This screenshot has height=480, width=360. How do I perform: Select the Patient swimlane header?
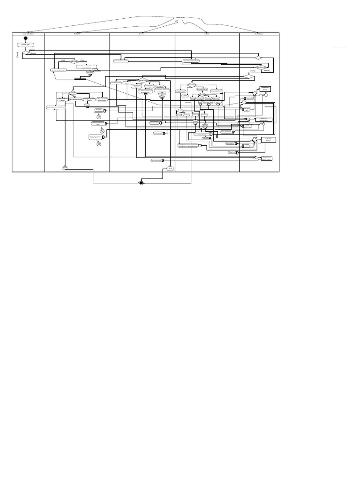[77, 34]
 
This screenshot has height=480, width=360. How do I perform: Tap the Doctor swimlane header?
[142, 34]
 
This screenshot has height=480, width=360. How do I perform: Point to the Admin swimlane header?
[207, 34]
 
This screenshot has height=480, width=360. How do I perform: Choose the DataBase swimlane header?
[259, 34]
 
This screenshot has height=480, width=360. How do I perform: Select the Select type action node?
[25, 45]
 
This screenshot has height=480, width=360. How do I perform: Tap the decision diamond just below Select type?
[25, 52]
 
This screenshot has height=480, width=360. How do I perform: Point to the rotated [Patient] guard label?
[16, 55]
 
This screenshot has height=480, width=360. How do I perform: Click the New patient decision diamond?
[74, 61]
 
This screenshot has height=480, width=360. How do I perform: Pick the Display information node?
[98, 111]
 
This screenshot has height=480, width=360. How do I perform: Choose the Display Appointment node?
[96, 137]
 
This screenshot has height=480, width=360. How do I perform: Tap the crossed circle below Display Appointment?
[98, 144]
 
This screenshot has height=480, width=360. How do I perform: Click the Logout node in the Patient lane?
[65, 167]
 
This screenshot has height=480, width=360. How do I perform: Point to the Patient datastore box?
[265, 89]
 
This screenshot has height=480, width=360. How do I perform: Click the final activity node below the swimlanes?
[141, 182]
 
